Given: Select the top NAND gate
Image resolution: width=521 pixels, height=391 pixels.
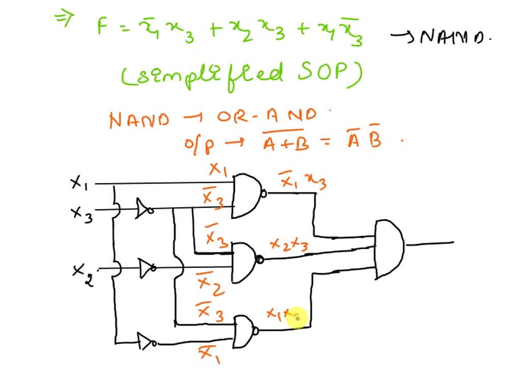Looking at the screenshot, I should (247, 195).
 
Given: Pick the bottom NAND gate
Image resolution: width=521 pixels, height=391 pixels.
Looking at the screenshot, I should (244, 331).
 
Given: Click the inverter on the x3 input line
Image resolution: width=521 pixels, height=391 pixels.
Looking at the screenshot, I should (144, 209).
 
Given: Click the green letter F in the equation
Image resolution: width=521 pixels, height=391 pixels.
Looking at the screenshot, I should (104, 27).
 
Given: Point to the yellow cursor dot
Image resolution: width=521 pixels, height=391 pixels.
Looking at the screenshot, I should (298, 318).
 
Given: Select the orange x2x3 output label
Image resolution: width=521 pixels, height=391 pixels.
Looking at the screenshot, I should (287, 245).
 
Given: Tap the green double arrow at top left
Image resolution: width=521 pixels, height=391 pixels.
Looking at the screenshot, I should (62, 19).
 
